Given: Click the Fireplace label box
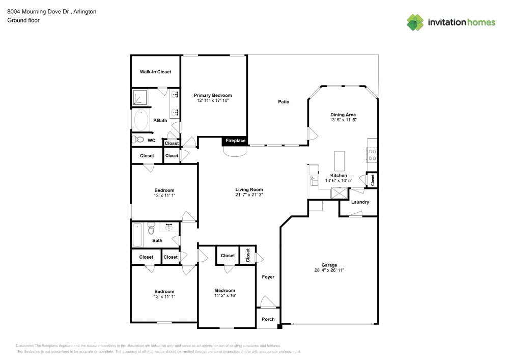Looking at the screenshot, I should click(x=235, y=141).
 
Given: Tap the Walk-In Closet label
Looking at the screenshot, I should click(x=155, y=72).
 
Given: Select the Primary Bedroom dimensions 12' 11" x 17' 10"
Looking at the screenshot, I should click(x=213, y=101).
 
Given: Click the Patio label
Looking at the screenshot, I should click(x=284, y=102).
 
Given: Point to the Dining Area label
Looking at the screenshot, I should click(x=343, y=115).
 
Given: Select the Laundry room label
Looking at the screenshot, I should click(x=360, y=202).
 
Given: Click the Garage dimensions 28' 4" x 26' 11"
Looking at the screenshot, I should click(x=329, y=270).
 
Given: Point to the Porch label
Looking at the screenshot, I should click(x=268, y=319).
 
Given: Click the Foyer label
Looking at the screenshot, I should click(x=268, y=277).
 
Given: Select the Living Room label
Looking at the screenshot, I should click(x=248, y=189).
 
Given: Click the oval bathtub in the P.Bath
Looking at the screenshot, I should click(x=139, y=120).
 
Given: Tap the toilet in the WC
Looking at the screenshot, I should click(x=137, y=140).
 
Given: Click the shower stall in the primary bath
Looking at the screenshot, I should click(x=139, y=97).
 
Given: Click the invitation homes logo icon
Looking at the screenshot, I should click(x=415, y=22).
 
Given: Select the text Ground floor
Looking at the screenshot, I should click(x=23, y=20).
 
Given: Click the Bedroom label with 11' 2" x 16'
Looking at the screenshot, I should click(x=224, y=290).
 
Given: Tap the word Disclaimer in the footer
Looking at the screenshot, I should click(x=24, y=345).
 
